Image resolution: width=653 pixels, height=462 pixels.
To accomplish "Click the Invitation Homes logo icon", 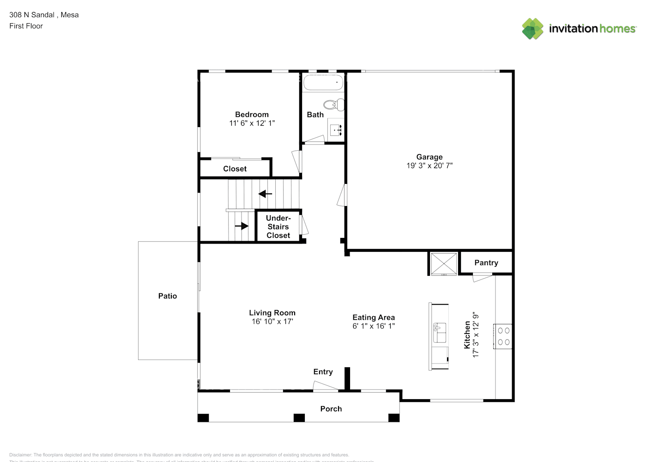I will pyautogui.click(x=532, y=29).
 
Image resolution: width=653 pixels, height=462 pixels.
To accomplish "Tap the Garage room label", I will pyautogui.click(x=429, y=157).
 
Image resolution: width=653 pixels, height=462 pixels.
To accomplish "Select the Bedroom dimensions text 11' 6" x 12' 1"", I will pyautogui.click(x=252, y=123).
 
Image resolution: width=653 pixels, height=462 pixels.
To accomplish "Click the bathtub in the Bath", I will pyautogui.click(x=323, y=83).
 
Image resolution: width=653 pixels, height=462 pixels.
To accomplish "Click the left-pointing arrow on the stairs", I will pyautogui.click(x=265, y=194).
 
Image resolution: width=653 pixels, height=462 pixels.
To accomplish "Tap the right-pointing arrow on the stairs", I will pyautogui.click(x=242, y=226).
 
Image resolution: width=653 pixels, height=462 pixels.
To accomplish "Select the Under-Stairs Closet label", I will pyautogui.click(x=278, y=227).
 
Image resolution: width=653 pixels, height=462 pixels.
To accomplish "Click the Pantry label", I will pyautogui.click(x=486, y=263).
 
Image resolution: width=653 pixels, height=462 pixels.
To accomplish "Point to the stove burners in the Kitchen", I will pyautogui.click(x=503, y=336).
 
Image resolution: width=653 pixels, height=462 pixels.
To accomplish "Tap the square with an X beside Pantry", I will pyautogui.click(x=443, y=264).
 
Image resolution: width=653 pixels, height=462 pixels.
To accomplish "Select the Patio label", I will pyautogui.click(x=168, y=296).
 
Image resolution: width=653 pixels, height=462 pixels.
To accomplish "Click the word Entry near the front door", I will pyautogui.click(x=323, y=372).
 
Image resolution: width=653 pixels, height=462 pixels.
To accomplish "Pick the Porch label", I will pyautogui.click(x=331, y=409).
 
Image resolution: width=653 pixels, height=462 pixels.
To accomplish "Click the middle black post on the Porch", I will pyautogui.click(x=299, y=418).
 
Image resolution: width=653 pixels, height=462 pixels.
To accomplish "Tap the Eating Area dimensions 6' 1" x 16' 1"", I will pyautogui.click(x=374, y=326).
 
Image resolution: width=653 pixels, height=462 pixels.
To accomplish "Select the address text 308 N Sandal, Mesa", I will pyautogui.click(x=44, y=15).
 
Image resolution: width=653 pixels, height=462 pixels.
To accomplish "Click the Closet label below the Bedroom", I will pyautogui.click(x=235, y=169).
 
